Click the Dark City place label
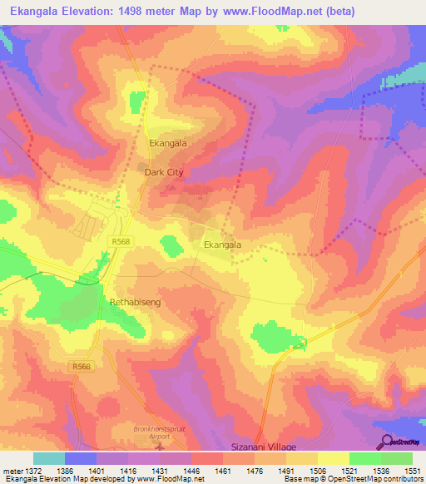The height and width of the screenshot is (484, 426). (163, 172)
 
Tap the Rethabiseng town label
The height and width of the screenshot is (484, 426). (134, 304)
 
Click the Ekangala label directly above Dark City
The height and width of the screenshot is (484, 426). (167, 143)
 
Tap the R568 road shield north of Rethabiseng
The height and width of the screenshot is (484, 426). (121, 241)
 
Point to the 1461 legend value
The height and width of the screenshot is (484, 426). (223, 470)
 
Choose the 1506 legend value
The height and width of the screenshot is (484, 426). (317, 470)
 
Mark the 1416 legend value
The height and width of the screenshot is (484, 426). (128, 470)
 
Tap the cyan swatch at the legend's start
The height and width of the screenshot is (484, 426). (49, 458)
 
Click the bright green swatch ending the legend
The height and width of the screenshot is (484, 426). (397, 458)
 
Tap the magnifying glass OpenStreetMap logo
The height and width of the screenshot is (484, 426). (385, 441)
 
